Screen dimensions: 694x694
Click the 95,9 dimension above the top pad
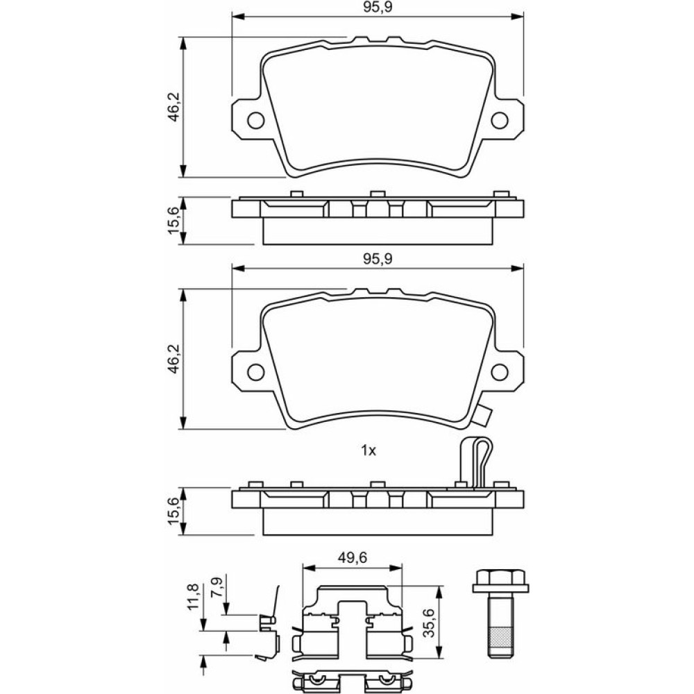coord(378,8)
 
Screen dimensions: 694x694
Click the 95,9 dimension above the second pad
coord(378,259)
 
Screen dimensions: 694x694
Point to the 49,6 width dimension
coord(353,557)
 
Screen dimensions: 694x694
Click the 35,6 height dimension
coord(428,623)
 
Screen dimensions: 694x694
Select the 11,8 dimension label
coord(192,597)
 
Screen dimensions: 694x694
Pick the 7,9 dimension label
coord(217,587)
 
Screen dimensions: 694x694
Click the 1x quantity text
coord(369,451)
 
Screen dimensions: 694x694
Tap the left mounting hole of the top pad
coord(256,120)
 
